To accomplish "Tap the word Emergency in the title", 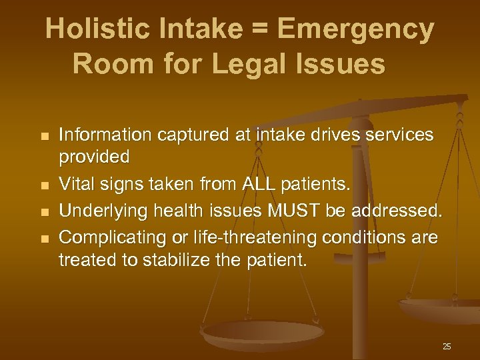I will point(356,30).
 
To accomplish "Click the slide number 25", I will point(447,346).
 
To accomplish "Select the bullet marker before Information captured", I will point(45,137).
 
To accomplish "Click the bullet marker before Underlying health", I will point(45,211).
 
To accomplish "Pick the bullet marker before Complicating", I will point(45,238).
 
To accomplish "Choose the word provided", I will point(94,158).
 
